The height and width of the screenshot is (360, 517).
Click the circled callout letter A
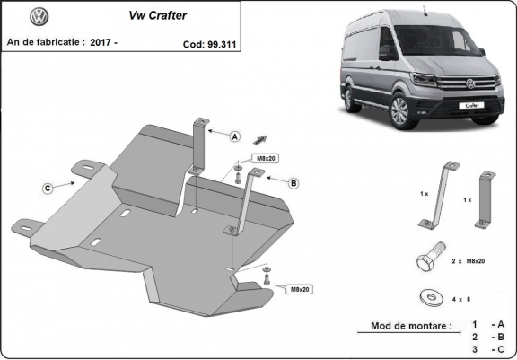point(234,137)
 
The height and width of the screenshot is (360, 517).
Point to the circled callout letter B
point(293,183)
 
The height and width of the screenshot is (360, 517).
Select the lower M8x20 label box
point(300,289)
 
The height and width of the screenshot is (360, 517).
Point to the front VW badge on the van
point(469,86)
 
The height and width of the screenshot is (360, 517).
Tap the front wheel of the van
point(399,114)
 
